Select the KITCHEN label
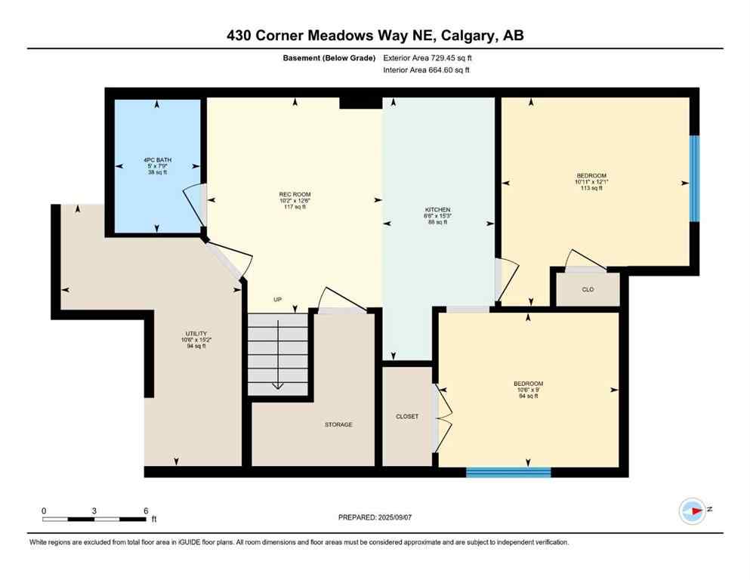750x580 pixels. (x=438, y=215)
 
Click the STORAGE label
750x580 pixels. (x=338, y=425)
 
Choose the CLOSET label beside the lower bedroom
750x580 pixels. (x=406, y=416)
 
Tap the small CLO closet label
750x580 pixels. (x=588, y=289)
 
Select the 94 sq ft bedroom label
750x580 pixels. (x=528, y=390)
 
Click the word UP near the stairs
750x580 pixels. (x=278, y=300)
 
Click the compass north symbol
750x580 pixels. (x=693, y=511)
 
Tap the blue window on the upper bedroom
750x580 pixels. (x=694, y=179)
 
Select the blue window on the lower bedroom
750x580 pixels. (x=508, y=473)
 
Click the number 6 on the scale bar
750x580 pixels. (x=145, y=511)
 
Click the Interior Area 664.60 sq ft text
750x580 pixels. (x=427, y=70)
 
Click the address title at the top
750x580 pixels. (x=375, y=35)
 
